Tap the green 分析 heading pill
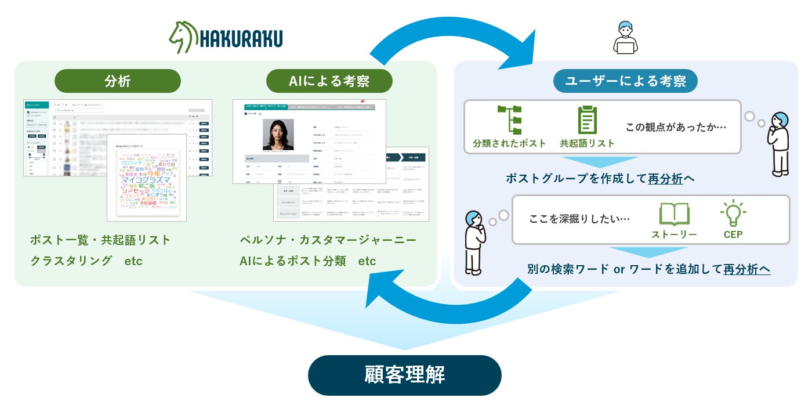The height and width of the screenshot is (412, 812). (118, 81)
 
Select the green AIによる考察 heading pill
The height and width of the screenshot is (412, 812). (329, 81)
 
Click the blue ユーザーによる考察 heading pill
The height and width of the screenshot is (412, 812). (625, 81)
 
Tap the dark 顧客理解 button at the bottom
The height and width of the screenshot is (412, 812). (404, 375)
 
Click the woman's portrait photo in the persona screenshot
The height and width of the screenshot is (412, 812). (278, 135)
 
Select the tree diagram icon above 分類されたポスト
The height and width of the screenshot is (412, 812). (509, 120)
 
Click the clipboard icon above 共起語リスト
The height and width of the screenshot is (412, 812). (587, 120)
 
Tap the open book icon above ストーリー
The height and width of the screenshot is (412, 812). (674, 214)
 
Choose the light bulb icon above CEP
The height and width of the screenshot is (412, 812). (733, 214)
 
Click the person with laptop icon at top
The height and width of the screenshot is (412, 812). (625, 38)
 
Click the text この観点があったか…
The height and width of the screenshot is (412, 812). (676, 127)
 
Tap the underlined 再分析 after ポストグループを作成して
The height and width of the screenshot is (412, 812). (665, 179)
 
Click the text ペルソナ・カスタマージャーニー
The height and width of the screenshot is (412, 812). (328, 240)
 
